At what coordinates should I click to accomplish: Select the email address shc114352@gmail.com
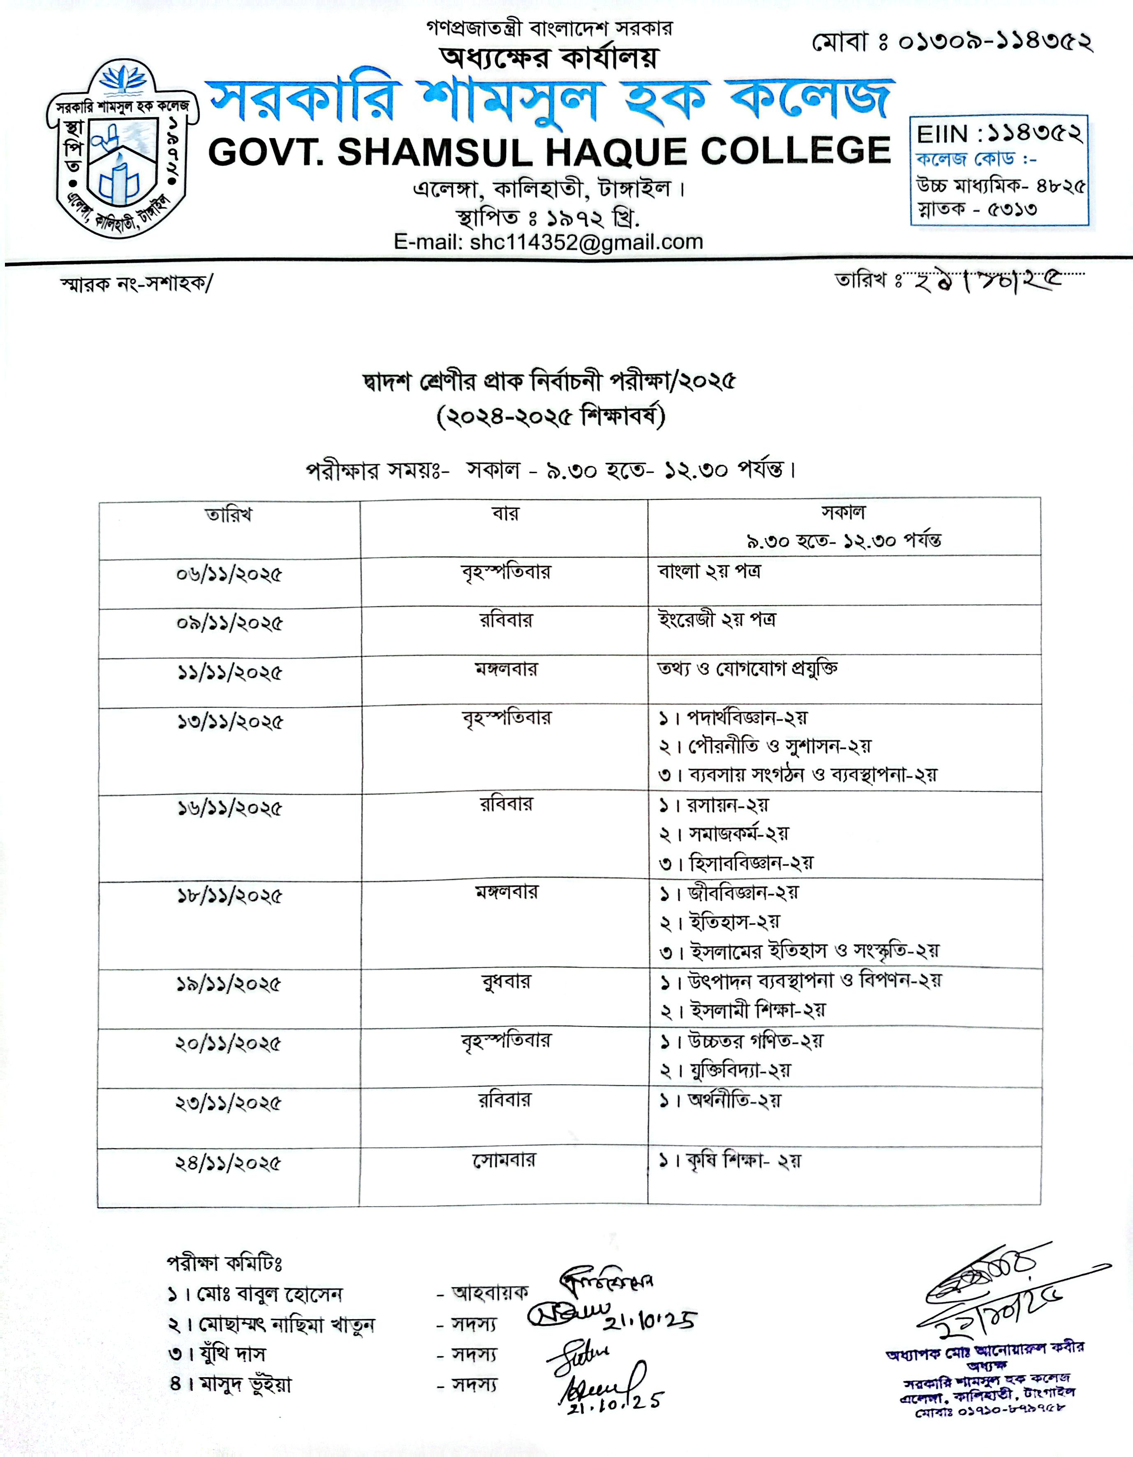tap(586, 241)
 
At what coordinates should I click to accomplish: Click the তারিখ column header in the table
tap(229, 516)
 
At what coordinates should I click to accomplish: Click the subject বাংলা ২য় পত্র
tap(709, 572)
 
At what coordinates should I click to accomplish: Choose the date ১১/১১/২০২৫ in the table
tap(229, 673)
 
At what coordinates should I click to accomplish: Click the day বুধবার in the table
tap(505, 982)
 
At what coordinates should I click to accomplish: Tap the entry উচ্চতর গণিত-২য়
tap(755, 1041)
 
